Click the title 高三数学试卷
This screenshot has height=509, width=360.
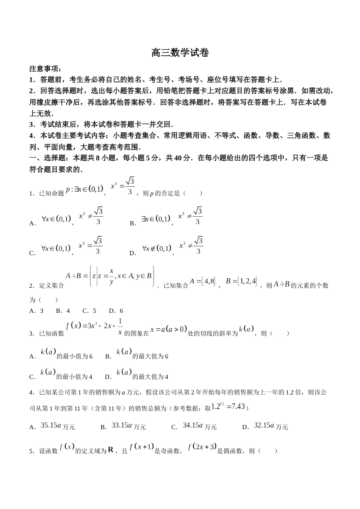[x=180, y=53]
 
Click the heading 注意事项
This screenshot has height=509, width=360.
[x=45, y=69]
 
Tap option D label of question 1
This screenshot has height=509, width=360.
[x=132, y=253]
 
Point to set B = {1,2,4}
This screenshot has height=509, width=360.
[x=241, y=281]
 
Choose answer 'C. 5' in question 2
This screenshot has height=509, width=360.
[x=89, y=311]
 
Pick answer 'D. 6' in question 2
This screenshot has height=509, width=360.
[x=116, y=311]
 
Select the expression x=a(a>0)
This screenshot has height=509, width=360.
[x=169, y=329]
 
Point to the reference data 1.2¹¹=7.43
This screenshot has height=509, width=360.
[x=229, y=406]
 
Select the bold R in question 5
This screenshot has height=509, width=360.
[x=111, y=450]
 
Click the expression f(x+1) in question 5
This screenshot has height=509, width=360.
[x=141, y=447]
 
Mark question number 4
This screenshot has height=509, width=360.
[x=31, y=393]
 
